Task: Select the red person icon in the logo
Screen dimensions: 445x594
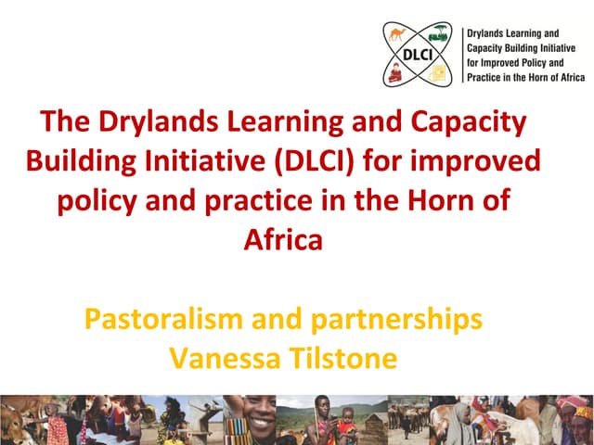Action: click(400, 74)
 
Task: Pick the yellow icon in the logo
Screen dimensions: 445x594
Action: click(439, 74)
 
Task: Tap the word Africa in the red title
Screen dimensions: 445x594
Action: click(283, 240)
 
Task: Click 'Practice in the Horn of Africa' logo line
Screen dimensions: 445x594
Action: click(525, 77)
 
